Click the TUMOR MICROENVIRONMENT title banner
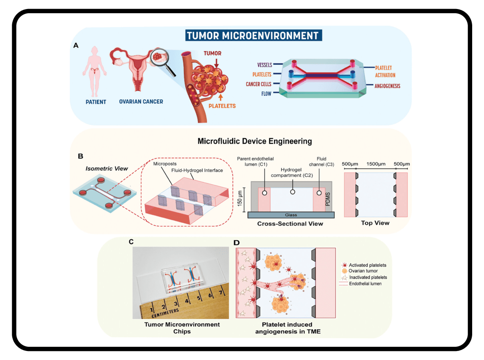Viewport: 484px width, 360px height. (x=252, y=35)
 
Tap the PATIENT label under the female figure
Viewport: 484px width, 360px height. (x=95, y=102)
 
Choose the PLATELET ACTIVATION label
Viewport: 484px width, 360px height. (x=385, y=71)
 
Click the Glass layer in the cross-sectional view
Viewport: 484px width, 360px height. (x=292, y=215)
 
